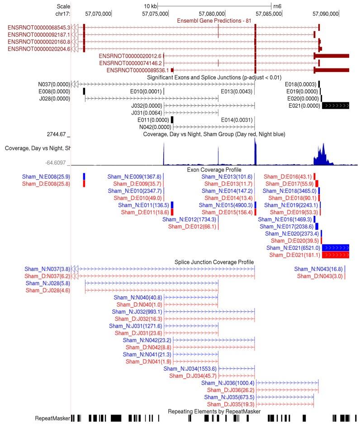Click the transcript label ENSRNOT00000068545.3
pyautogui.click(x=39, y=28)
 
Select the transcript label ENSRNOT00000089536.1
pyautogui.click(x=138, y=70)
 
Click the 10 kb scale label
pyautogui.click(x=150, y=6)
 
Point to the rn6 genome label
pyautogui.click(x=277, y=6)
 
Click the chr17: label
pyautogui.click(x=62, y=14)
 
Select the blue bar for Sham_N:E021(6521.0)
pyautogui.click(x=336, y=248)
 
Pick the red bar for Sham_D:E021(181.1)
pyautogui.click(x=336, y=255)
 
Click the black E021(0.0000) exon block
pyautogui.click(x=336, y=105)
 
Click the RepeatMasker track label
pyautogui.click(x=52, y=419)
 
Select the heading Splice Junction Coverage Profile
pyautogui.click(x=214, y=262)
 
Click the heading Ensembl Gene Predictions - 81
pyautogui.click(x=214, y=20)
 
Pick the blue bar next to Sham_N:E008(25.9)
pyautogui.click(x=84, y=176)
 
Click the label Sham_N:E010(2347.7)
pyautogui.click(x=134, y=191)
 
